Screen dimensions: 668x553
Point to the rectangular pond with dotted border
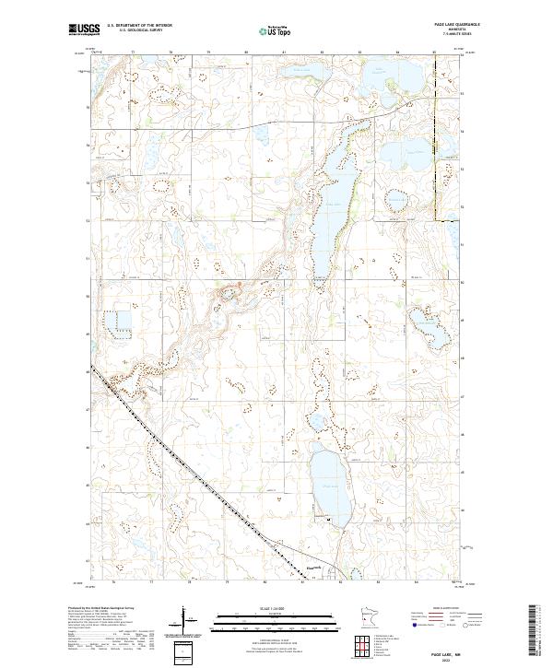click(117, 323)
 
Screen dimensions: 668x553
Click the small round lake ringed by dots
click(395, 199)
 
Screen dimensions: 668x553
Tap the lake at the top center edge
click(299, 71)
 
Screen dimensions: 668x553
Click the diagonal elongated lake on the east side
click(427, 323)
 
